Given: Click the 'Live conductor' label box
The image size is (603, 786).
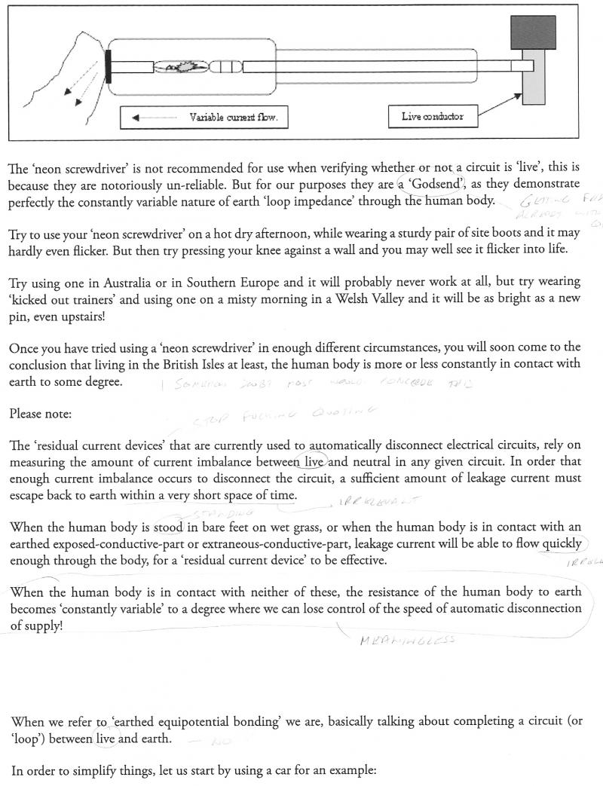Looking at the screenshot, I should (x=433, y=117).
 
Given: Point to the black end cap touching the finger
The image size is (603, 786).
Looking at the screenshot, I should (x=110, y=66).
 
